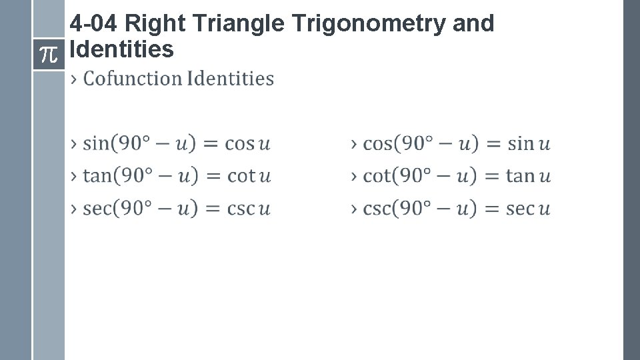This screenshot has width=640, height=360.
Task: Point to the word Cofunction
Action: (133, 79)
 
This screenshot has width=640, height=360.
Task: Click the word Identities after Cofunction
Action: (230, 79)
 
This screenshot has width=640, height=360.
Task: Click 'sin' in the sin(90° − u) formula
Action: (95, 143)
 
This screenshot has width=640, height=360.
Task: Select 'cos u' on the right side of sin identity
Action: (247, 143)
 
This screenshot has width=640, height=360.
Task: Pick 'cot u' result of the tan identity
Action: (249, 176)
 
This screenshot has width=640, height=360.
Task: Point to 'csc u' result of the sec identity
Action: (248, 209)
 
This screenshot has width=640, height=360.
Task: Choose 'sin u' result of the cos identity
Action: (529, 143)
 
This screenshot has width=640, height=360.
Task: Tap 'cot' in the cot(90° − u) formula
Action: (375, 176)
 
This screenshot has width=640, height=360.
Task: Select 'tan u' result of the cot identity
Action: (528, 176)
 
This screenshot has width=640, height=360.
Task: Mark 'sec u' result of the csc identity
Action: (528, 209)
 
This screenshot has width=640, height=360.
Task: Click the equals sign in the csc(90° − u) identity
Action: (491, 209)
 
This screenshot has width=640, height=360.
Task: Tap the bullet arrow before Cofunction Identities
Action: (74, 79)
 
